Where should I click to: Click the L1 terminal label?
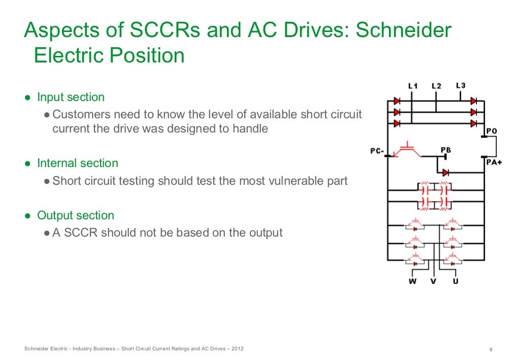click(413, 86)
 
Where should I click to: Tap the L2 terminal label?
click(436, 86)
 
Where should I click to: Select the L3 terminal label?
click(460, 86)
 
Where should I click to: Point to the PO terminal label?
click(491, 131)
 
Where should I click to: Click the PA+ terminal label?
click(494, 162)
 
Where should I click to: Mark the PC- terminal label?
click(377, 151)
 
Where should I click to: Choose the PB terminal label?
click(446, 150)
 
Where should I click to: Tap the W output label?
click(412, 281)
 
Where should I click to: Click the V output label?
click(433, 281)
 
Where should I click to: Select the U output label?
click(455, 281)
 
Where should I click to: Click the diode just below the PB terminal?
click(445, 173)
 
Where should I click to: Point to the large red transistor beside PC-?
click(406, 150)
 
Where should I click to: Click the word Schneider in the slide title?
click(403, 31)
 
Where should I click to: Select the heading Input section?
click(71, 97)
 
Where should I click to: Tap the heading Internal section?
click(77, 163)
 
